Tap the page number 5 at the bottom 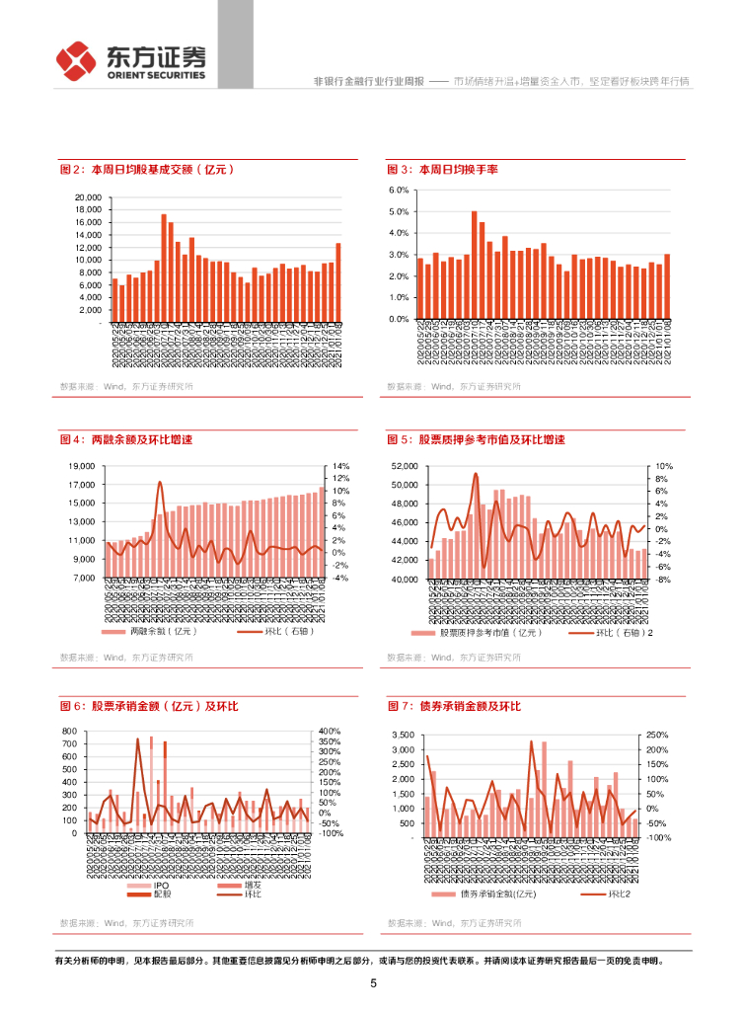[x=373, y=983]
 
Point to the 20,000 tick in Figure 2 [x=88, y=197]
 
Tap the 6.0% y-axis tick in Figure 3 [x=399, y=190]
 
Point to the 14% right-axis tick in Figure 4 [x=342, y=466]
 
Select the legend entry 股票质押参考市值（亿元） [x=483, y=633]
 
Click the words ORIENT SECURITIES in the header [x=156, y=75]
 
